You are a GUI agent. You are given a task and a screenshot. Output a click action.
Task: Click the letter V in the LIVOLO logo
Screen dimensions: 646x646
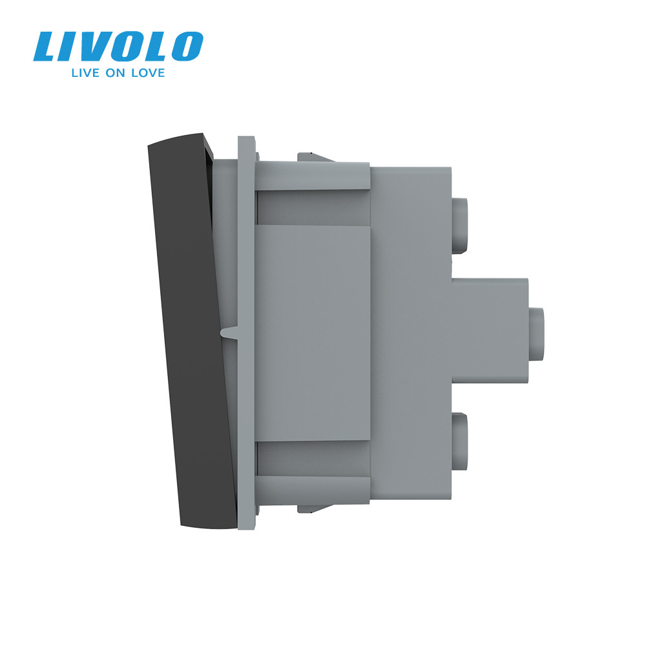(106, 47)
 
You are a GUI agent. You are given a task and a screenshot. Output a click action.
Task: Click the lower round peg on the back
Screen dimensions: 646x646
(461, 440)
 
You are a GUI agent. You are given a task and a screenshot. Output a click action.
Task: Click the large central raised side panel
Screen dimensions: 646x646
(313, 333)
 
